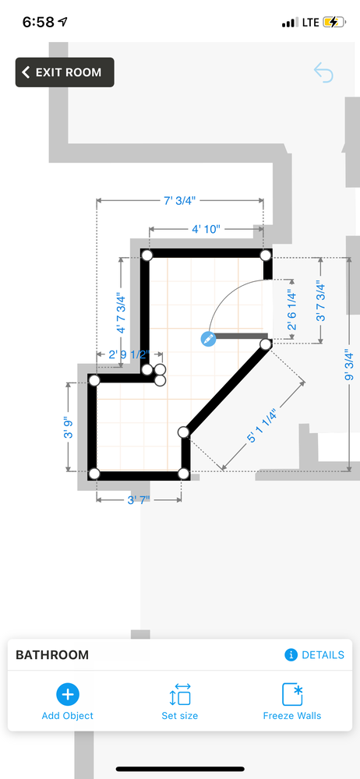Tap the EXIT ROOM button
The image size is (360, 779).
pos(65,72)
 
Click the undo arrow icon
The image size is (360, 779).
pos(323,72)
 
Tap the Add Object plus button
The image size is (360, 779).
pos(68,694)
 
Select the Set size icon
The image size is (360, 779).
pos(179,694)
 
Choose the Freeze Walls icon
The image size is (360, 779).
pos(292,694)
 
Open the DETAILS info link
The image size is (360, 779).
pos(314,655)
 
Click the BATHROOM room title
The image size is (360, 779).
pos(52,655)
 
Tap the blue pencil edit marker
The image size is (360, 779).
pos(208,340)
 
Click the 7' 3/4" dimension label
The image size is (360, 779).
pos(180,201)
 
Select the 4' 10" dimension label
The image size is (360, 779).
pos(206,229)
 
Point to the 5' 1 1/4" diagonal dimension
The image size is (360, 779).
pos(261,425)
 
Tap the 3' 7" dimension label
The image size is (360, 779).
pos(139,499)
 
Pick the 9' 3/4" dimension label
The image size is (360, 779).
pos(349,366)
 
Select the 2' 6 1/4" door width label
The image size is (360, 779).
pos(292,311)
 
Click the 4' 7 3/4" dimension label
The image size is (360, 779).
pos(121,315)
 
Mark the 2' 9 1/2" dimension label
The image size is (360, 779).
pos(129,354)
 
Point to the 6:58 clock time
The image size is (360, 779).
pos(39,22)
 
